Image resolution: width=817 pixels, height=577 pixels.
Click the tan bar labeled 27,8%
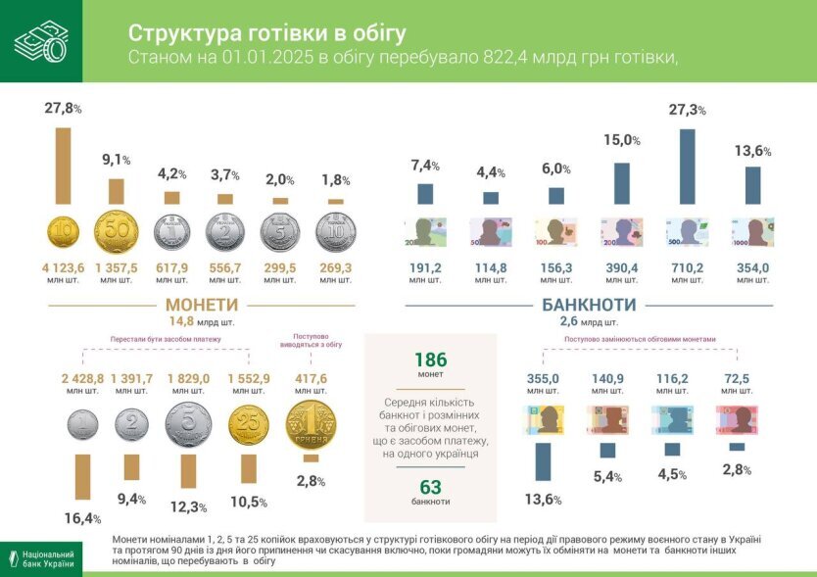pyautogui.click(x=63, y=166)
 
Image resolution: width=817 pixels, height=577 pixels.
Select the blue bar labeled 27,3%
pyautogui.click(x=688, y=167)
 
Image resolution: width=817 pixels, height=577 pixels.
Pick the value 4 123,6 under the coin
pyautogui.click(x=63, y=267)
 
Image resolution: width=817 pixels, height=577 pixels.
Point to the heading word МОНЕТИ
pyautogui.click(x=202, y=305)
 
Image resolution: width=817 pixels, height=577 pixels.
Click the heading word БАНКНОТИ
pyautogui.click(x=589, y=305)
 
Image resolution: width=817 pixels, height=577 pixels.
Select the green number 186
pyautogui.click(x=430, y=360)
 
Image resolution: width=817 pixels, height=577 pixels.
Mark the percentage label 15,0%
pyautogui.click(x=621, y=141)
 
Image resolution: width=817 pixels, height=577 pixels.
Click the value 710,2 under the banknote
pyautogui.click(x=688, y=267)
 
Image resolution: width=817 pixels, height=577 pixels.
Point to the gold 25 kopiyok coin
pyautogui.click(x=249, y=426)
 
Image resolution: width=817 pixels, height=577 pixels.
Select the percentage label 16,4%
pyautogui.click(x=82, y=518)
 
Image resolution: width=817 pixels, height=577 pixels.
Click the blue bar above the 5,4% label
pyautogui.click(x=607, y=451)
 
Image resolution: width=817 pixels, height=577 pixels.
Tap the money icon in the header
pyautogui.click(x=40, y=41)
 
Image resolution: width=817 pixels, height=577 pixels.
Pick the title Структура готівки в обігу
pyautogui.click(x=266, y=32)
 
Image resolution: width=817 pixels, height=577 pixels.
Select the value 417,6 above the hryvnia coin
pyautogui.click(x=310, y=378)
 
